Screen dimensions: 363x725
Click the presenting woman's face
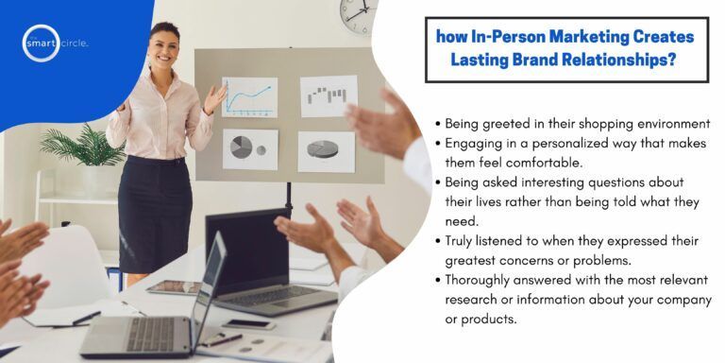(164, 45)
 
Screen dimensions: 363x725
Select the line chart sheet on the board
(249, 96)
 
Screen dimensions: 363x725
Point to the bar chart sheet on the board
(329, 95)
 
